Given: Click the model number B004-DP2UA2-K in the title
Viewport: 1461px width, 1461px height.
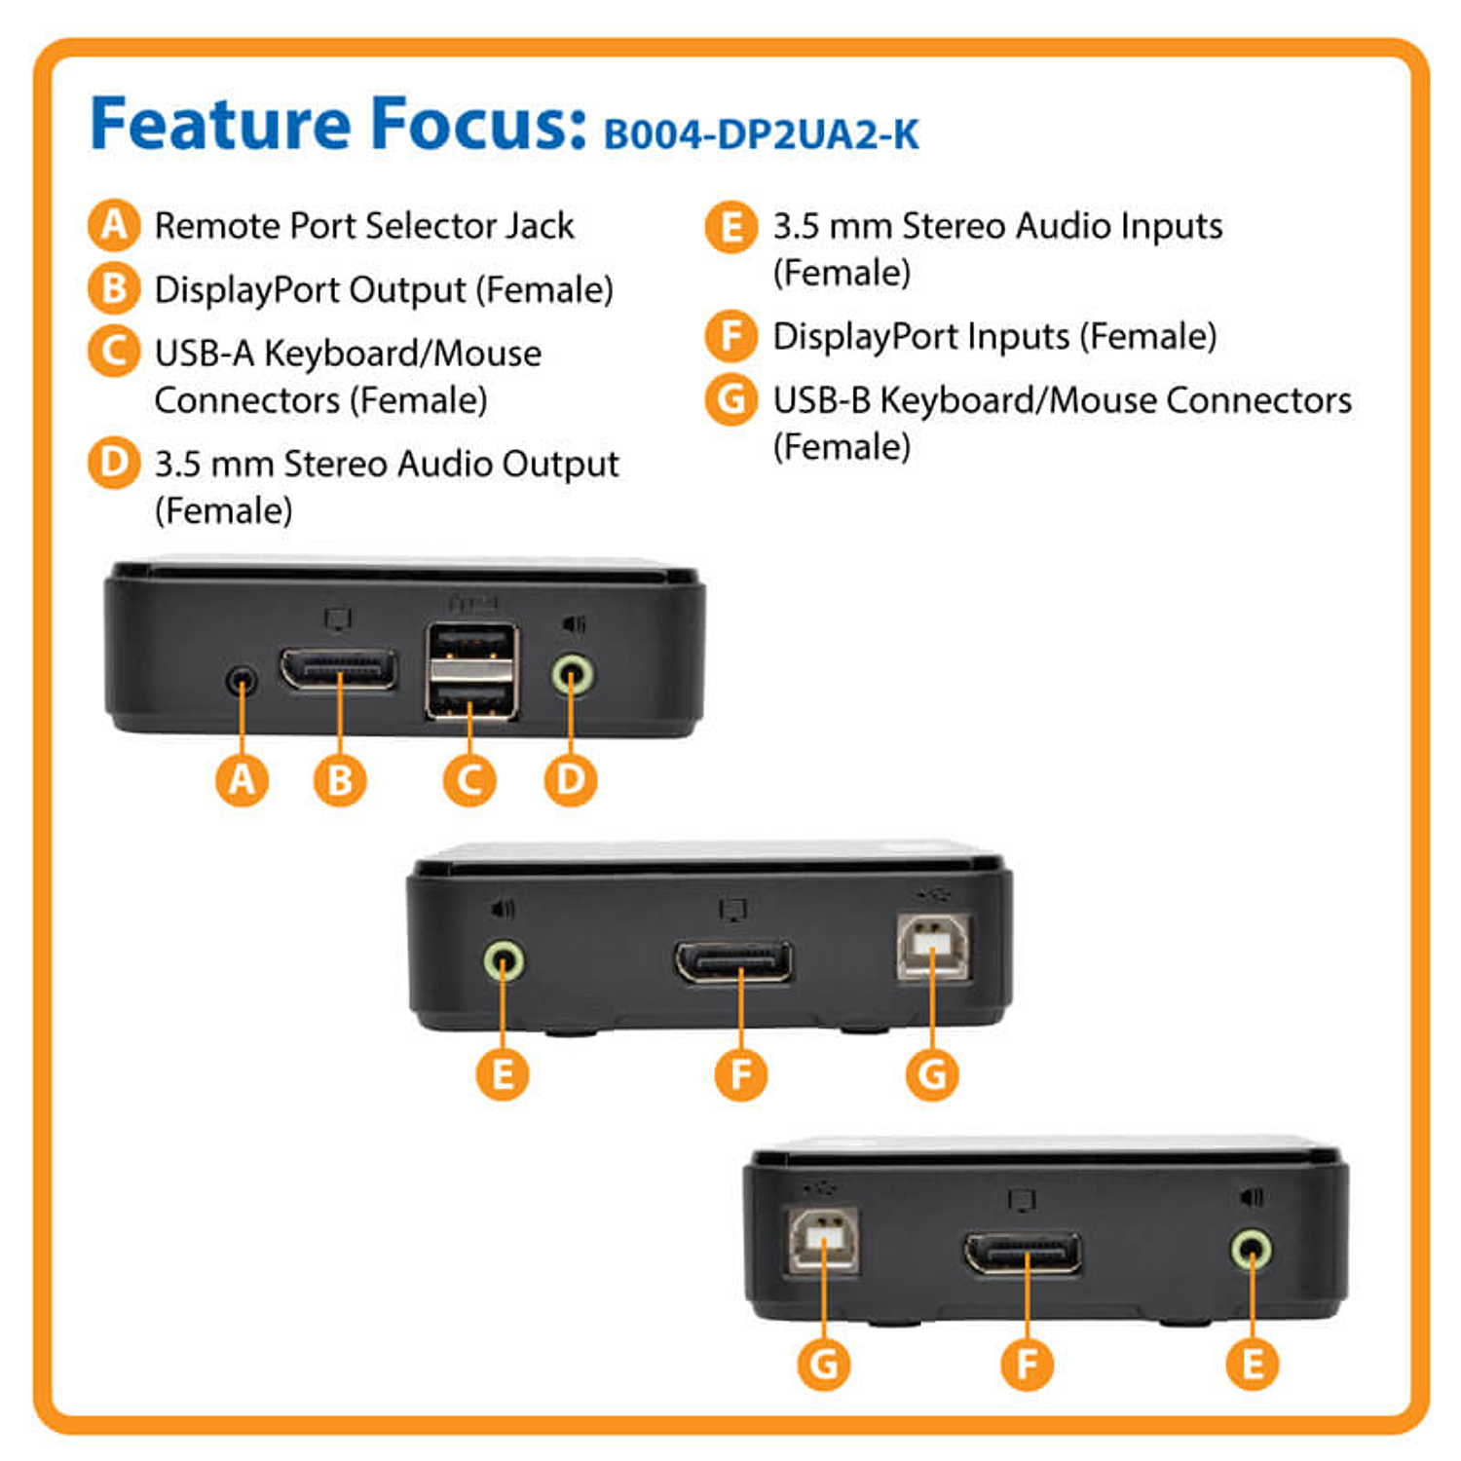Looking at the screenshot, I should [x=761, y=134].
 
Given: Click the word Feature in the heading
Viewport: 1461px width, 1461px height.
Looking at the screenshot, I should [x=220, y=124].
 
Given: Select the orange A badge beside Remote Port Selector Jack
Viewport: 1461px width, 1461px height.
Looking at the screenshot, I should [x=114, y=225].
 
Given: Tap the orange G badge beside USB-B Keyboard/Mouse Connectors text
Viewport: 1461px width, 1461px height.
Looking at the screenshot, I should [x=730, y=399].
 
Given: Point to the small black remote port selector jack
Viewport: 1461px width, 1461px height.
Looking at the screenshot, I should [x=242, y=679].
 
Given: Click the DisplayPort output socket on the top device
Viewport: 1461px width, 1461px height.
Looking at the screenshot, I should [x=338, y=669].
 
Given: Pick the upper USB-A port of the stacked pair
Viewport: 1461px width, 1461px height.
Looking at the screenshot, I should [x=471, y=647].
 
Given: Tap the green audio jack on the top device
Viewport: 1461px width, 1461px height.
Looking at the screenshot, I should [x=573, y=674].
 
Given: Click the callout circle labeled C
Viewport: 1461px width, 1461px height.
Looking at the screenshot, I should [x=469, y=780].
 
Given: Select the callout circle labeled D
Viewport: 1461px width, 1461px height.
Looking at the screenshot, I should [x=571, y=780].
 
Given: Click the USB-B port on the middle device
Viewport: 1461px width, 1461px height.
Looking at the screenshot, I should [x=933, y=946].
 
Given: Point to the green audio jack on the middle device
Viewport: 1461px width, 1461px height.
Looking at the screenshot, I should [x=504, y=961].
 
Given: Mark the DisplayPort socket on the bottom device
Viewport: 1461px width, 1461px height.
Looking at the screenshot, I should [x=1023, y=1254].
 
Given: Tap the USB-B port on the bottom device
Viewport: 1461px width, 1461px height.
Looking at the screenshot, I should [x=824, y=1240].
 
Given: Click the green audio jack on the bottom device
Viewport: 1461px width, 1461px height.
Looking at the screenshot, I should [x=1251, y=1249].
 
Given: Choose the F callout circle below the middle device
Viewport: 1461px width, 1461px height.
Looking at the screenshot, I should [x=741, y=1074].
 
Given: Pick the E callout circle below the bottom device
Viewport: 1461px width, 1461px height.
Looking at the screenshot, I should [x=1253, y=1364].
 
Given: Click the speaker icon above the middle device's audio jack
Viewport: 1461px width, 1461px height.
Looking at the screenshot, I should [x=503, y=909].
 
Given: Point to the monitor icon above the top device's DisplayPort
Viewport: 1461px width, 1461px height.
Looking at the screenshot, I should [x=338, y=619].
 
